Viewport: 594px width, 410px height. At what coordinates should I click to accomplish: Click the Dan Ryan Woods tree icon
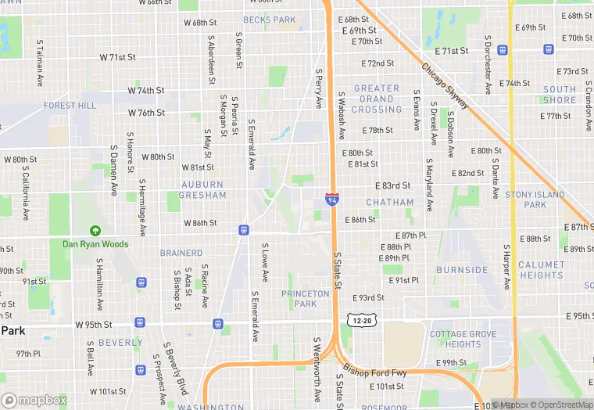click(x=95, y=232)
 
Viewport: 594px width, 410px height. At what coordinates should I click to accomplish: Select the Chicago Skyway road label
click(x=445, y=86)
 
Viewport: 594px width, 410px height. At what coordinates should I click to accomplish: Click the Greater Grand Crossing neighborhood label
click(x=377, y=99)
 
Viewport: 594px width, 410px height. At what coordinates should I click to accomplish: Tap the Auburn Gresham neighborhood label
click(x=203, y=190)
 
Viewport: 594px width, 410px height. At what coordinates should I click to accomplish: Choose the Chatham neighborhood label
click(x=390, y=202)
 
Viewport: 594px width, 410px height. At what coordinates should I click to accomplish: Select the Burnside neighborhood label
click(x=462, y=270)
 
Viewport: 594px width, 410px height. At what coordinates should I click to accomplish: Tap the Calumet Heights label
click(x=541, y=270)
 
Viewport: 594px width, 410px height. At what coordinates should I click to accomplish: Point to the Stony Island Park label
click(x=535, y=200)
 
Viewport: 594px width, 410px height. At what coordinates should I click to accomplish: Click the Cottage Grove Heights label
click(x=463, y=339)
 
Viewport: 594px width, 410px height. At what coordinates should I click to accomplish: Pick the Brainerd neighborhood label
click(x=181, y=253)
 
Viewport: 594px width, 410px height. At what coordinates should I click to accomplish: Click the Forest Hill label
click(x=70, y=105)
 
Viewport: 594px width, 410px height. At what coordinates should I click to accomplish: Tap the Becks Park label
click(x=269, y=20)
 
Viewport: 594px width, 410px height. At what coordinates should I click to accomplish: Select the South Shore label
click(x=560, y=95)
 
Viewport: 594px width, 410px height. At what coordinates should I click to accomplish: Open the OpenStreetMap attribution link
click(x=558, y=405)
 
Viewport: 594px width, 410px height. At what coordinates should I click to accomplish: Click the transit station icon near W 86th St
click(x=244, y=229)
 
